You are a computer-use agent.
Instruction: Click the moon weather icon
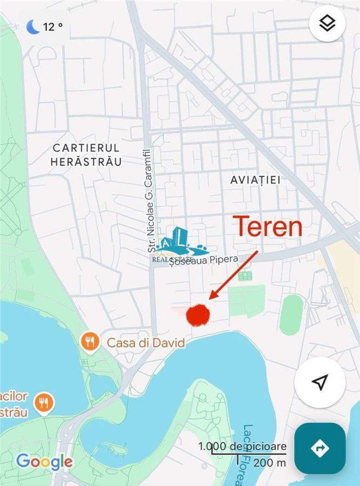tap(33, 26)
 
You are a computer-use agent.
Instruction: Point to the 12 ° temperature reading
tap(52, 26)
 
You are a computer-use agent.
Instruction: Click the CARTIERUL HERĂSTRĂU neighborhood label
tap(86, 154)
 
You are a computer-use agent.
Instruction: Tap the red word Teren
tap(267, 227)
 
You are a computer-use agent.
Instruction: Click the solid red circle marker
tap(198, 315)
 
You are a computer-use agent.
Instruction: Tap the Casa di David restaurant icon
tap(90, 341)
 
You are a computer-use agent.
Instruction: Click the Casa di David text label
tap(146, 342)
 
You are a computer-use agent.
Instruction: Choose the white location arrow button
tap(320, 382)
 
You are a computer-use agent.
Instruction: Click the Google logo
tap(44, 462)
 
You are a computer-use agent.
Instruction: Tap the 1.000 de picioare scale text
tap(242, 447)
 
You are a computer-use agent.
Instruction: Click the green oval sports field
tap(291, 314)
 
